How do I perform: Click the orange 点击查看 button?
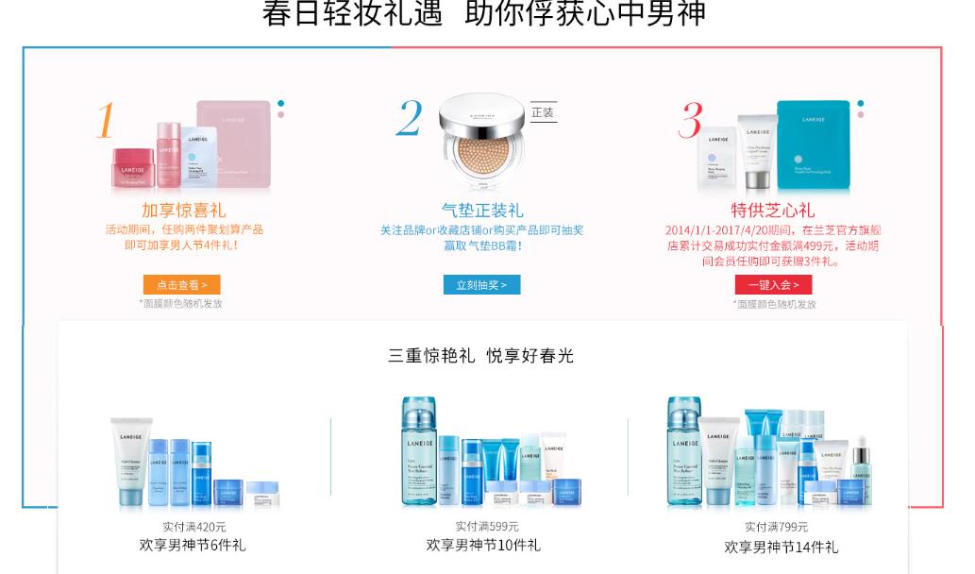[181, 284]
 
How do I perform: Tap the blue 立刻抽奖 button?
[481, 284]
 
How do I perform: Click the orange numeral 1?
[106, 121]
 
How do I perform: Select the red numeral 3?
[691, 121]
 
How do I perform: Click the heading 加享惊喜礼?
[184, 210]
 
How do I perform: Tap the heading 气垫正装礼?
[482, 210]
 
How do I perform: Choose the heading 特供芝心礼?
[772, 210]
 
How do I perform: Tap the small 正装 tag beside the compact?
[543, 112]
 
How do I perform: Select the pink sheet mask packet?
[234, 142]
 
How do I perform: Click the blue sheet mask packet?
[815, 145]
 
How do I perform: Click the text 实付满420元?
[193, 527]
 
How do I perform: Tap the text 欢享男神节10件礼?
[483, 545]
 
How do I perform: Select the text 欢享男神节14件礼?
[781, 547]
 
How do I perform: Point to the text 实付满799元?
[776, 527]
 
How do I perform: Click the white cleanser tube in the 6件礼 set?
[130, 461]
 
